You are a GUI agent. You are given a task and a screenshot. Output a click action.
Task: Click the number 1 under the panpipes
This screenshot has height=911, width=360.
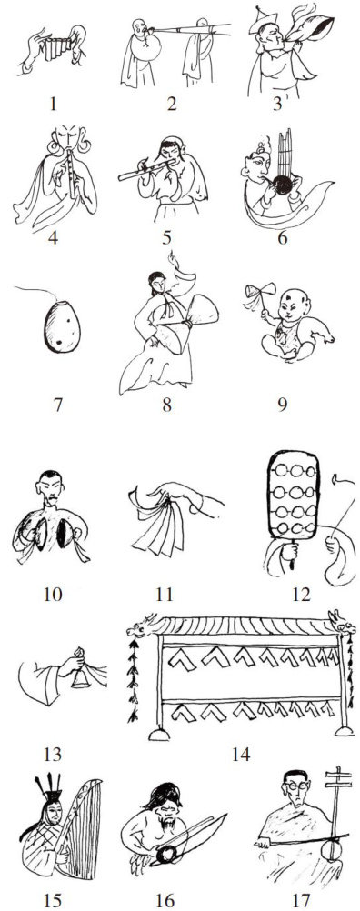pos(54,104)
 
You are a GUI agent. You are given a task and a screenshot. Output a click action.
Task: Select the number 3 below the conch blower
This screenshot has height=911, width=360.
pos(277,104)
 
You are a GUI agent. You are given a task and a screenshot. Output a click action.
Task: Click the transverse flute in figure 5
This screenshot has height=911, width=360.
pos(149,170)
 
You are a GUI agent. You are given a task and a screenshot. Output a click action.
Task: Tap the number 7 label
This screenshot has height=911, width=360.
pos(57,405)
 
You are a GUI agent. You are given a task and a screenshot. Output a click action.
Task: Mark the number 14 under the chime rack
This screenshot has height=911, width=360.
pos(240,755)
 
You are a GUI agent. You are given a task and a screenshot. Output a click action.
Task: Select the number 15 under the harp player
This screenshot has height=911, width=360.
pos(53,900)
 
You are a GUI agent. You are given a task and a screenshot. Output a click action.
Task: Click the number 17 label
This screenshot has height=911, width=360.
pos(301,900)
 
